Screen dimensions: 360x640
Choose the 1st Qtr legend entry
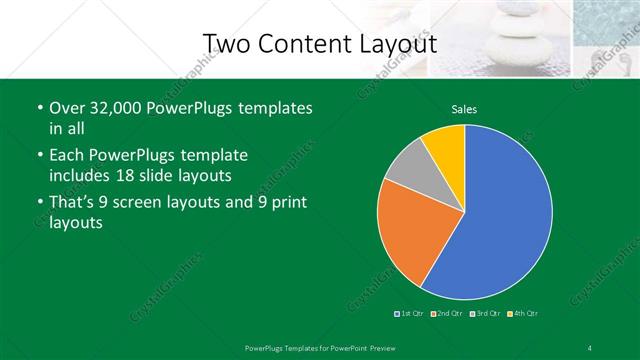(x=408, y=314)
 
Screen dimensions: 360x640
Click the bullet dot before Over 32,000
(x=39, y=108)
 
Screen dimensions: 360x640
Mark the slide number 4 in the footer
(x=590, y=346)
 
